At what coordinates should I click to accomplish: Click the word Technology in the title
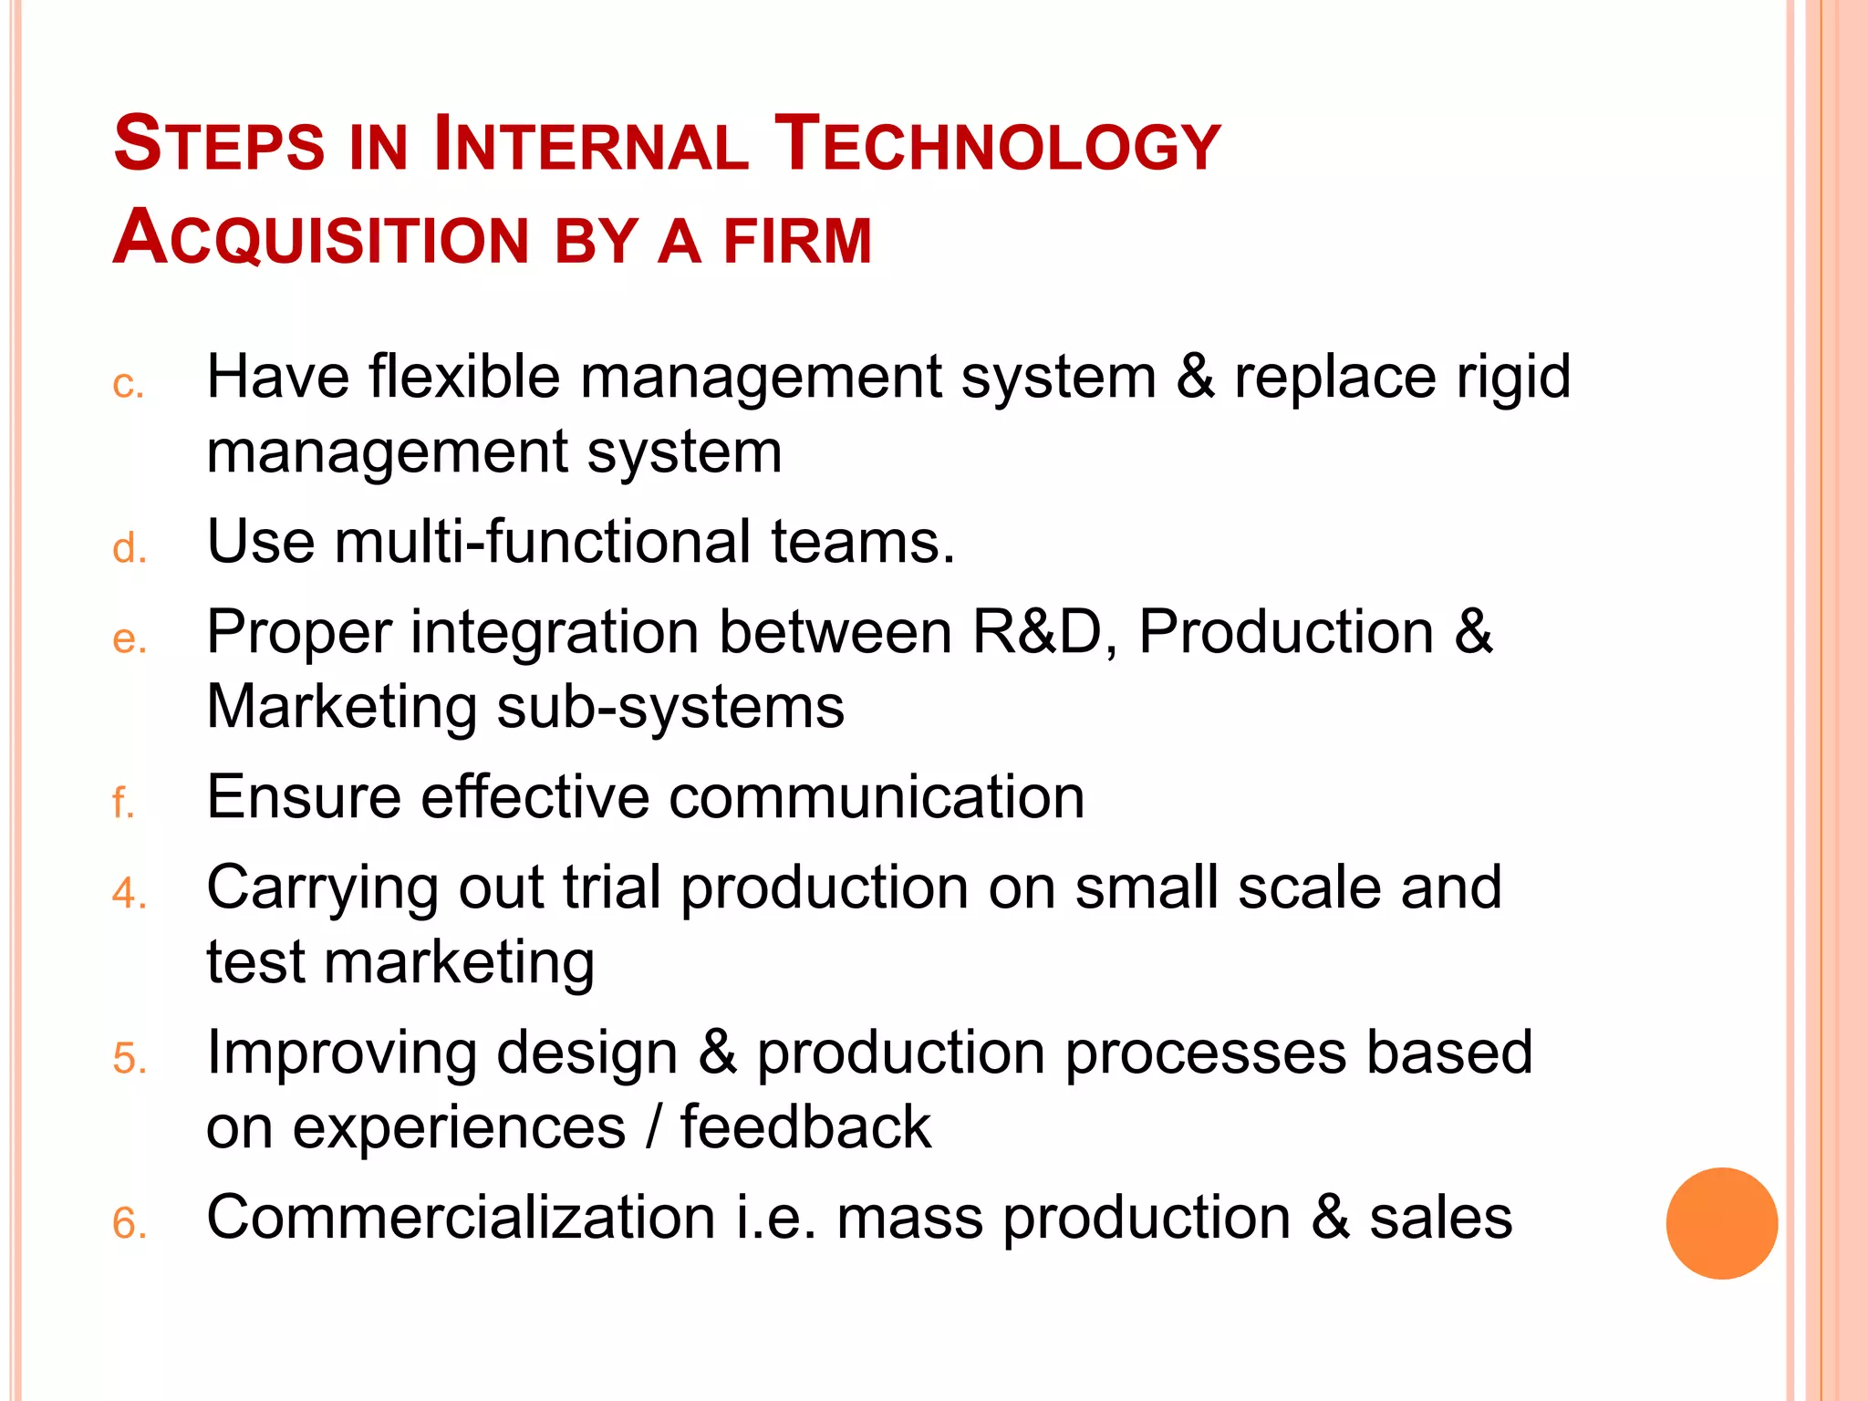(x=996, y=144)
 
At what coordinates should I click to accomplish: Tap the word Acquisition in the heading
(x=321, y=238)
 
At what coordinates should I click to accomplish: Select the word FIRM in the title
(x=797, y=241)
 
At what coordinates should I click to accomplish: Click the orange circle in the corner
(x=1721, y=1222)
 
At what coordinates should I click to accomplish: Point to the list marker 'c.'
(x=129, y=384)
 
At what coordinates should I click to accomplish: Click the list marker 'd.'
(x=130, y=548)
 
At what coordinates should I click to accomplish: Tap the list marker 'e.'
(x=130, y=638)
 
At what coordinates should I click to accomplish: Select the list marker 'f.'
(x=123, y=803)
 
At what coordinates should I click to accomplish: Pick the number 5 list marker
(x=130, y=1058)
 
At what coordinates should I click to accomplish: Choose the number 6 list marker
(x=130, y=1222)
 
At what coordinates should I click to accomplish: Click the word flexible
(x=464, y=376)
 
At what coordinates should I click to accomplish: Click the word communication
(x=877, y=797)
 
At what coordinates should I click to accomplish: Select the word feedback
(x=805, y=1126)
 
